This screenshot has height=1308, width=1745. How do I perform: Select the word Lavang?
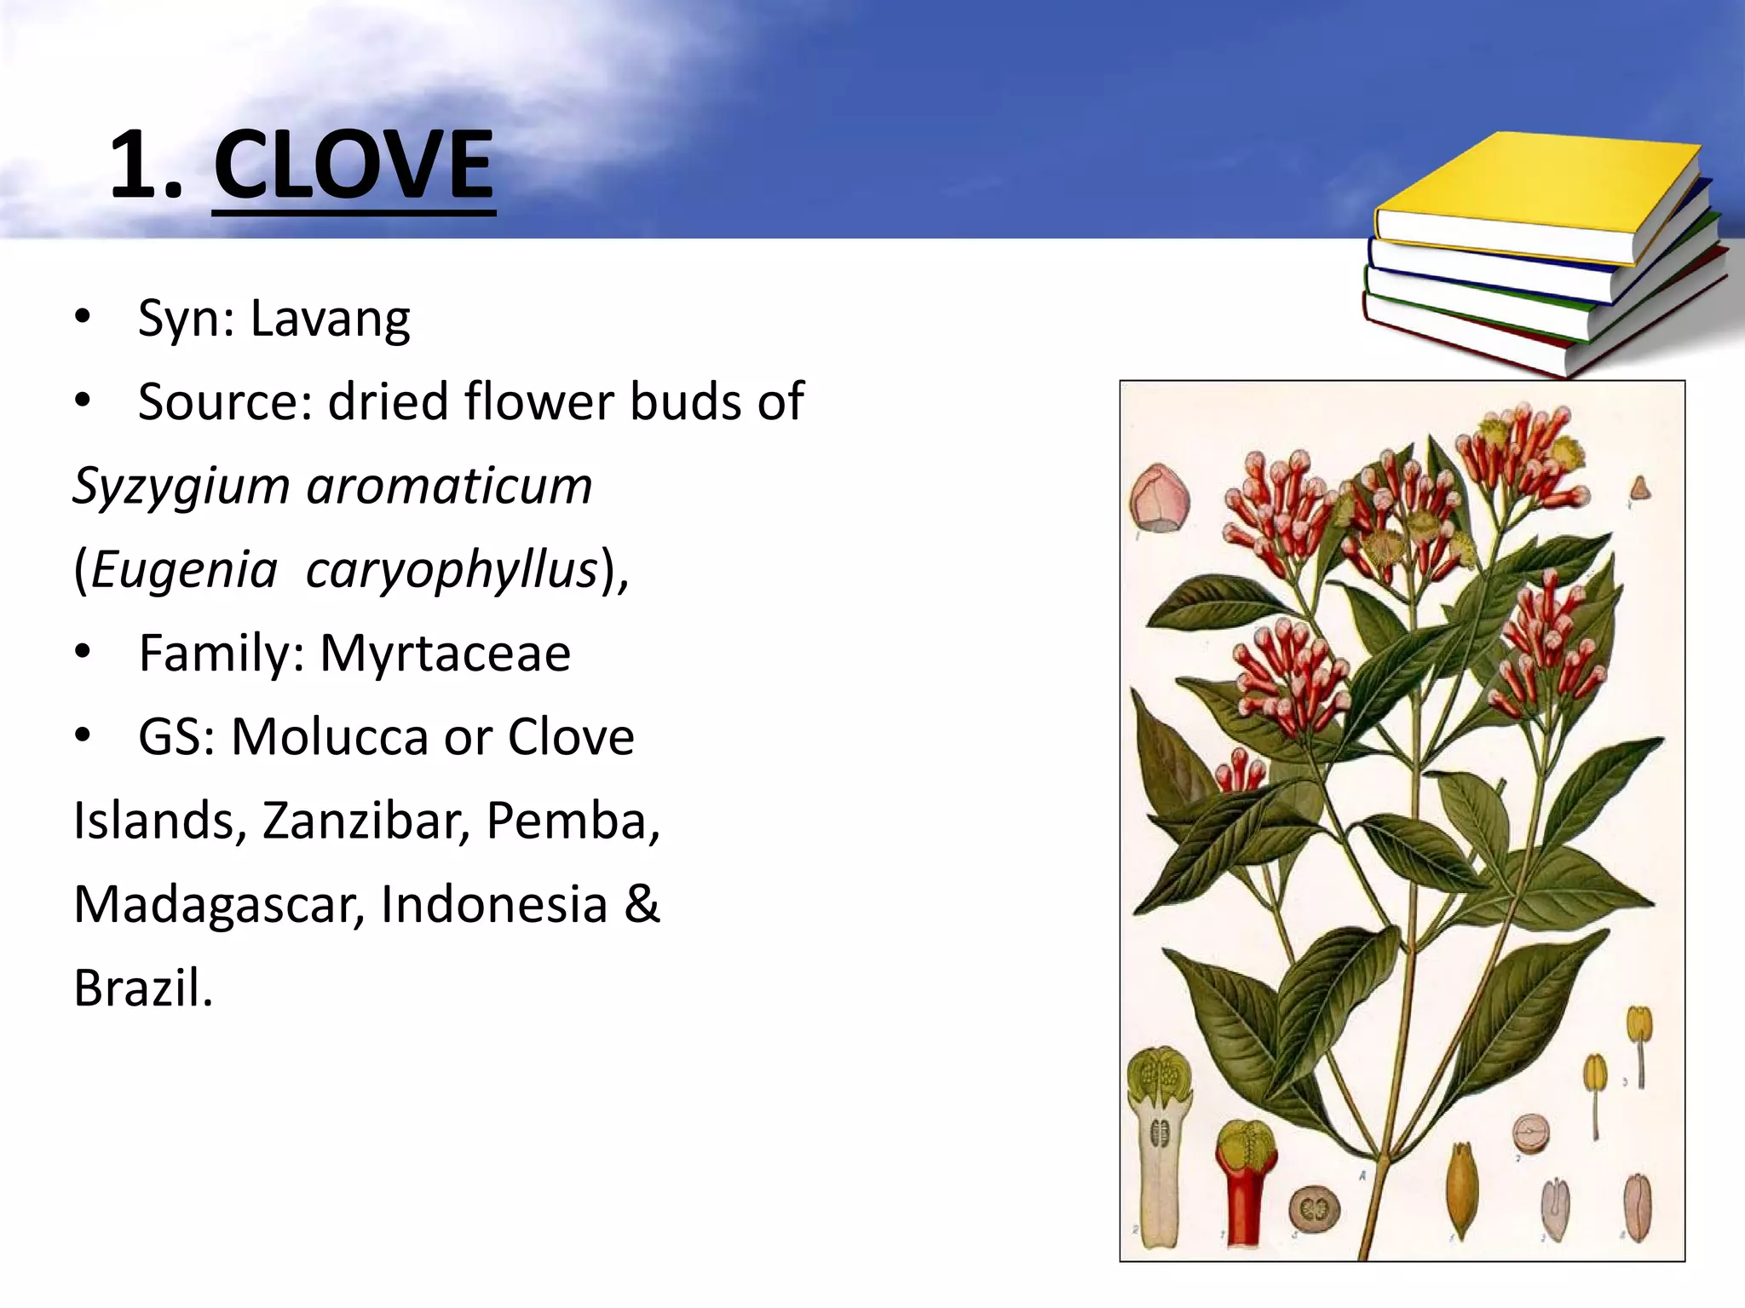coord(330,320)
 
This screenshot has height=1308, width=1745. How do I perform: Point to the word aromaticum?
coord(449,486)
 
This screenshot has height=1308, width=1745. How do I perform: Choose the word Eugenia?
coord(184,569)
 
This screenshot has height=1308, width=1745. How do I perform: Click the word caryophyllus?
coord(452,571)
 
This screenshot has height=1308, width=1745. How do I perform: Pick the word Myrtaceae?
coord(445,654)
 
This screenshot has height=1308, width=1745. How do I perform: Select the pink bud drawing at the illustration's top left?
coord(1159,498)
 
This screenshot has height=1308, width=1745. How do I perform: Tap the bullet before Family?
coord(82,654)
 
